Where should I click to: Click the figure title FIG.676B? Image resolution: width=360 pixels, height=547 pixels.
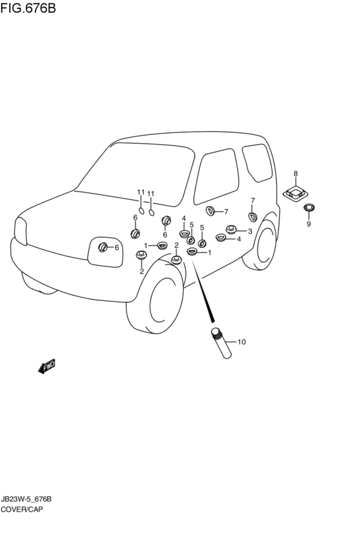[28, 8]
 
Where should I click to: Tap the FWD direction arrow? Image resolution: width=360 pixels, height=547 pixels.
[47, 366]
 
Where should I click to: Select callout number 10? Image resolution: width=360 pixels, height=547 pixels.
[242, 342]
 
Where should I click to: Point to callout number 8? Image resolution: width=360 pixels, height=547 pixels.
[296, 174]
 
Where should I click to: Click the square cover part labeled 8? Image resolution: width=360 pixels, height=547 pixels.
[296, 193]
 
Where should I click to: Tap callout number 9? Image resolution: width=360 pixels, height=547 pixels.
[309, 224]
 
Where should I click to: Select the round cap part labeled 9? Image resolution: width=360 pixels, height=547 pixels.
[309, 208]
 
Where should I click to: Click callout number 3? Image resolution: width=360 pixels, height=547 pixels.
[250, 231]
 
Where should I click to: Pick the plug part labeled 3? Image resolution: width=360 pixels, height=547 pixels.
[231, 229]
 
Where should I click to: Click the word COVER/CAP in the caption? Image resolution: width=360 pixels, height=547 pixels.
[22, 509]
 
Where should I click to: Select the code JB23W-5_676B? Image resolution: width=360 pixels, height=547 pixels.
[26, 499]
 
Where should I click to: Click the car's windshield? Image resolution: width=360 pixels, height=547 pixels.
[136, 174]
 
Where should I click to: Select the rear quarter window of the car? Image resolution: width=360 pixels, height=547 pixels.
[257, 163]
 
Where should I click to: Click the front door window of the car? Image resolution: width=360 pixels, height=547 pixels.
[216, 176]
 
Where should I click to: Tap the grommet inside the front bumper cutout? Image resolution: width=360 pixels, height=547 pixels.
[103, 247]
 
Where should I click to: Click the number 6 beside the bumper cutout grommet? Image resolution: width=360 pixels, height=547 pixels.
[116, 247]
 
